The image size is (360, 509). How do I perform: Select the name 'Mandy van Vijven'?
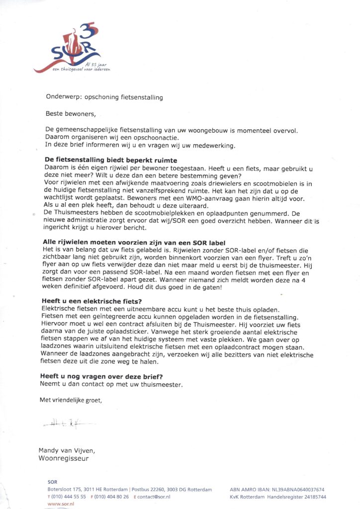67,450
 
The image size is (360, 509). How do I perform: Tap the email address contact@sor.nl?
154,497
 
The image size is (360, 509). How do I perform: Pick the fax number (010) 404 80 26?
110,497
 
